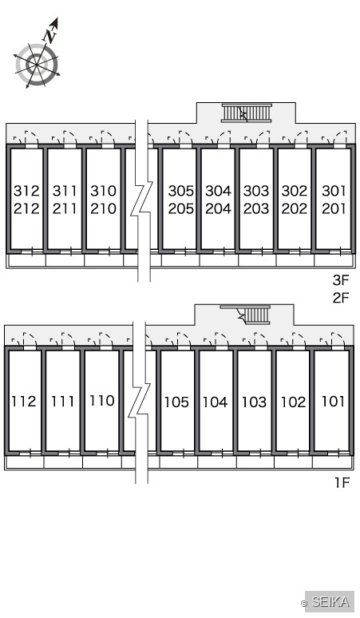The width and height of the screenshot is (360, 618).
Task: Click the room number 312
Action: (26, 191)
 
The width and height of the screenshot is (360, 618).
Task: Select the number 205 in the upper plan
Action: (180, 208)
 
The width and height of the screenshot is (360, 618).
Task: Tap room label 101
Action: (333, 402)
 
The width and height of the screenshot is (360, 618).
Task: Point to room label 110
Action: (101, 401)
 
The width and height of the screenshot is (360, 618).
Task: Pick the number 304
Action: (218, 191)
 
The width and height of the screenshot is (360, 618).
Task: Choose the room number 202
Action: (295, 208)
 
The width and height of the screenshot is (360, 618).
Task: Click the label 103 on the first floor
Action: (254, 402)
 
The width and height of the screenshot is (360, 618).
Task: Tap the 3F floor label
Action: (341, 279)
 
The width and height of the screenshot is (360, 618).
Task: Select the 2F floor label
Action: (341, 298)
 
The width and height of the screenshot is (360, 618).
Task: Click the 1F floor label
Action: (342, 482)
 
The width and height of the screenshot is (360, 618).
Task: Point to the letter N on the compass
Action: (50, 36)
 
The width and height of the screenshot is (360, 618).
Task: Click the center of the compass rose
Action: (37, 64)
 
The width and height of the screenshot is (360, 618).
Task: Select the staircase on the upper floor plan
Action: (247, 113)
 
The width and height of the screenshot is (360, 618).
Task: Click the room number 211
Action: (65, 208)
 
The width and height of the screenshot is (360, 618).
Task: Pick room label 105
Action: (176, 402)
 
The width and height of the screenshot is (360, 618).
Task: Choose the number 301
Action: (333, 191)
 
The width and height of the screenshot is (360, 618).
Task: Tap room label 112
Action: (24, 402)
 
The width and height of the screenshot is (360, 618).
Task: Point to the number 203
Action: (256, 208)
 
